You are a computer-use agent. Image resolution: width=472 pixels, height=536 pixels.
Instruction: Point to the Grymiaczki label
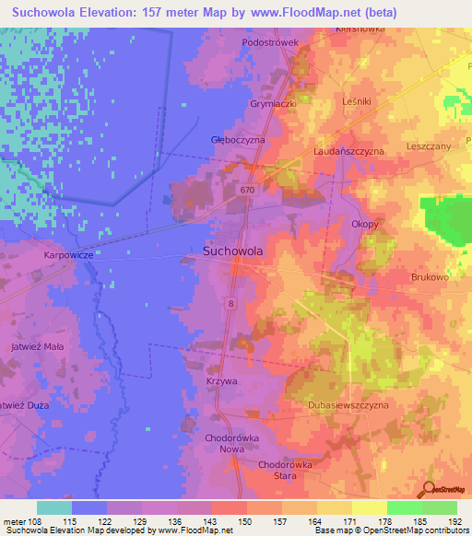(x=273, y=104)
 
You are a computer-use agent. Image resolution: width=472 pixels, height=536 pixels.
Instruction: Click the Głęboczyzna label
(x=238, y=139)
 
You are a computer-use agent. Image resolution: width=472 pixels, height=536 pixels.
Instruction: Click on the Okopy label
(x=365, y=224)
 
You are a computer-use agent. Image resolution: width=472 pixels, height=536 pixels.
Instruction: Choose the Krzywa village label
(x=222, y=379)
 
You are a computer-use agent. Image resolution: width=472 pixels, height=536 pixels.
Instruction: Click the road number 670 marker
(x=245, y=190)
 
